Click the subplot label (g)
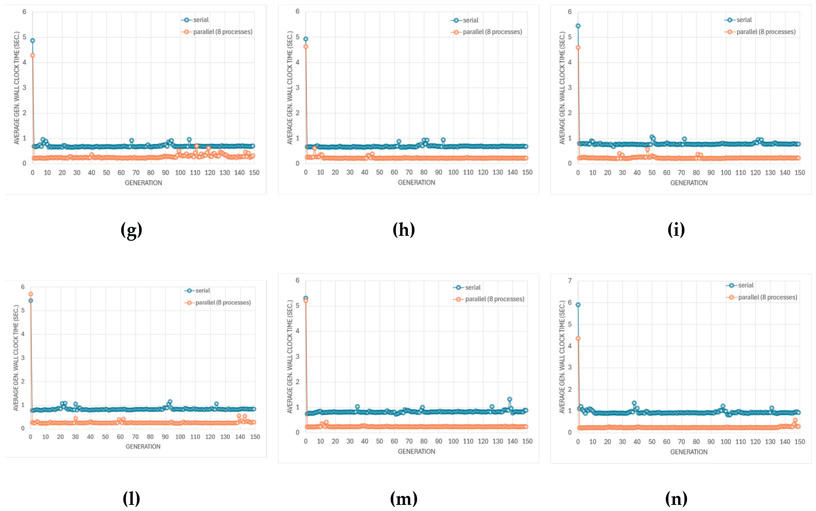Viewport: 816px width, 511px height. (x=131, y=230)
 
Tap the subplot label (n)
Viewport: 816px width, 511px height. (x=676, y=499)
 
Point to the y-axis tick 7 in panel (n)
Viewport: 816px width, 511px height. (x=570, y=281)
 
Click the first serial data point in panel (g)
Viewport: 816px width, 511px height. (x=33, y=41)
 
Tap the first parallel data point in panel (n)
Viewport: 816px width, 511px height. (x=578, y=338)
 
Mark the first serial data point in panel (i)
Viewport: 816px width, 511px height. (x=578, y=26)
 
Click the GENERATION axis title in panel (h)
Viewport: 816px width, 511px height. (x=416, y=183)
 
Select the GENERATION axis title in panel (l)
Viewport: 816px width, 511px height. (x=143, y=446)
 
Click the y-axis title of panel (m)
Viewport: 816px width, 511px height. (x=290, y=356)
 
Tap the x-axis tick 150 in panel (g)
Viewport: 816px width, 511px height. (x=254, y=173)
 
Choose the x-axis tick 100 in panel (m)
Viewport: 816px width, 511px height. (x=453, y=441)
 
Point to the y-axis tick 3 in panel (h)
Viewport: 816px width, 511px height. (x=297, y=88)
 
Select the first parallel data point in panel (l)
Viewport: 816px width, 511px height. (x=31, y=294)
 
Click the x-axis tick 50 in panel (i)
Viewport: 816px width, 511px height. (x=652, y=173)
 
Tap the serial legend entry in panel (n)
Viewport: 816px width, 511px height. (x=740, y=285)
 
